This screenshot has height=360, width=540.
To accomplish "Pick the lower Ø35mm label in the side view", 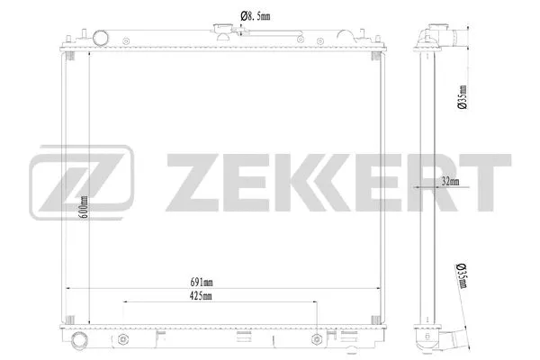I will tap(462, 275).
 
